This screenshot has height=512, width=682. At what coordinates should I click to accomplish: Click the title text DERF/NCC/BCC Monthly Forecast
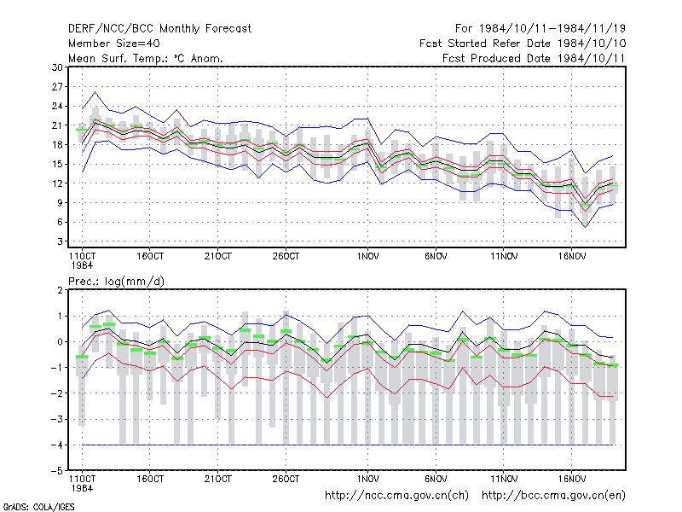(159, 29)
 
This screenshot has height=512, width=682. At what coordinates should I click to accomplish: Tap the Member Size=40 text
(114, 44)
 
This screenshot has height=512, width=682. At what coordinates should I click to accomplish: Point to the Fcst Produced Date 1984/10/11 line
(534, 58)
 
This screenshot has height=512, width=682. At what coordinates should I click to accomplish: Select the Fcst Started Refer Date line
(523, 44)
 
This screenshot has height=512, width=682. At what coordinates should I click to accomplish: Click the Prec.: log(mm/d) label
(116, 282)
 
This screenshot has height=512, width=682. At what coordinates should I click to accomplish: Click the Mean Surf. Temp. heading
(146, 58)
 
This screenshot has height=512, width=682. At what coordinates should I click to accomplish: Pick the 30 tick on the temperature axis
(57, 67)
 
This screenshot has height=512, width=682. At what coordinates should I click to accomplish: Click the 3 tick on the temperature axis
(60, 241)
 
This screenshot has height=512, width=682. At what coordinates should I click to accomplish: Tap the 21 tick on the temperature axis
(57, 125)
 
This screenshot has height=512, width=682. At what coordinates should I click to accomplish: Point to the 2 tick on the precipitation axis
(60, 290)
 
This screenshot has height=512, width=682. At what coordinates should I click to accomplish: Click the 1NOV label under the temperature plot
(368, 256)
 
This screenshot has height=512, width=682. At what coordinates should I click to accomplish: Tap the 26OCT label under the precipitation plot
(286, 479)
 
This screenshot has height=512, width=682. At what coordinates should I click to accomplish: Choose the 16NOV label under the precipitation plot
(571, 479)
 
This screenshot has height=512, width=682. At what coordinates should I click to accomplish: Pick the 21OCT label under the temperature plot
(218, 256)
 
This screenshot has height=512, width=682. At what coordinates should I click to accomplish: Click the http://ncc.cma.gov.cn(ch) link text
(396, 496)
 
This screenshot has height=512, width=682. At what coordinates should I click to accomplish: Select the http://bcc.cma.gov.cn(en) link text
(553, 496)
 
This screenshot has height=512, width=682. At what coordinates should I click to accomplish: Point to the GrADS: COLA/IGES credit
(38, 507)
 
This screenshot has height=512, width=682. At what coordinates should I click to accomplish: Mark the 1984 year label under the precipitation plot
(82, 488)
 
